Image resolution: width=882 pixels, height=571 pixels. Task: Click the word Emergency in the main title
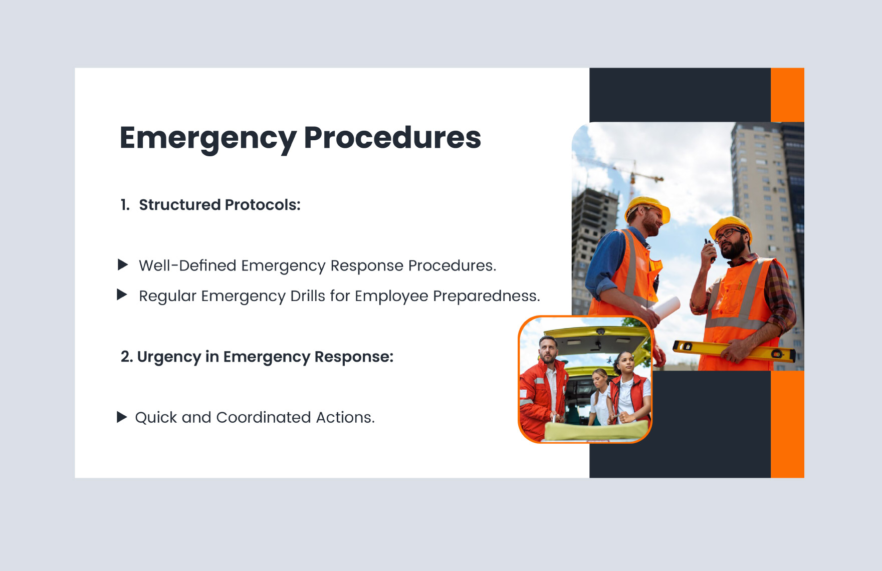point(208,138)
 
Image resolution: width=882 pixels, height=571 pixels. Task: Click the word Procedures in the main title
point(392,138)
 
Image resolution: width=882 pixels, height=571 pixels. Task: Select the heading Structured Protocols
point(219,205)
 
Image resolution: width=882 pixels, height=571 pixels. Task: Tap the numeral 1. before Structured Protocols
point(125,205)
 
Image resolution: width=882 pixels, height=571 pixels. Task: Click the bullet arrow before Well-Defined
point(123,264)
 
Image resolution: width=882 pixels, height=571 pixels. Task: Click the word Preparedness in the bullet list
point(486,296)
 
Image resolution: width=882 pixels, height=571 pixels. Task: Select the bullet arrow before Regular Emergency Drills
point(122,295)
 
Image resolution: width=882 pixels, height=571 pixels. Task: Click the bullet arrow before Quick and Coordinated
point(122,417)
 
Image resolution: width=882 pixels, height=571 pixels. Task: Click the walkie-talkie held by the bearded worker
point(710,249)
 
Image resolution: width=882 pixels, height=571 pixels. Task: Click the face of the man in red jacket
point(548,350)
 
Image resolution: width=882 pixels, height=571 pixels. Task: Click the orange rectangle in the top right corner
point(787,95)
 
